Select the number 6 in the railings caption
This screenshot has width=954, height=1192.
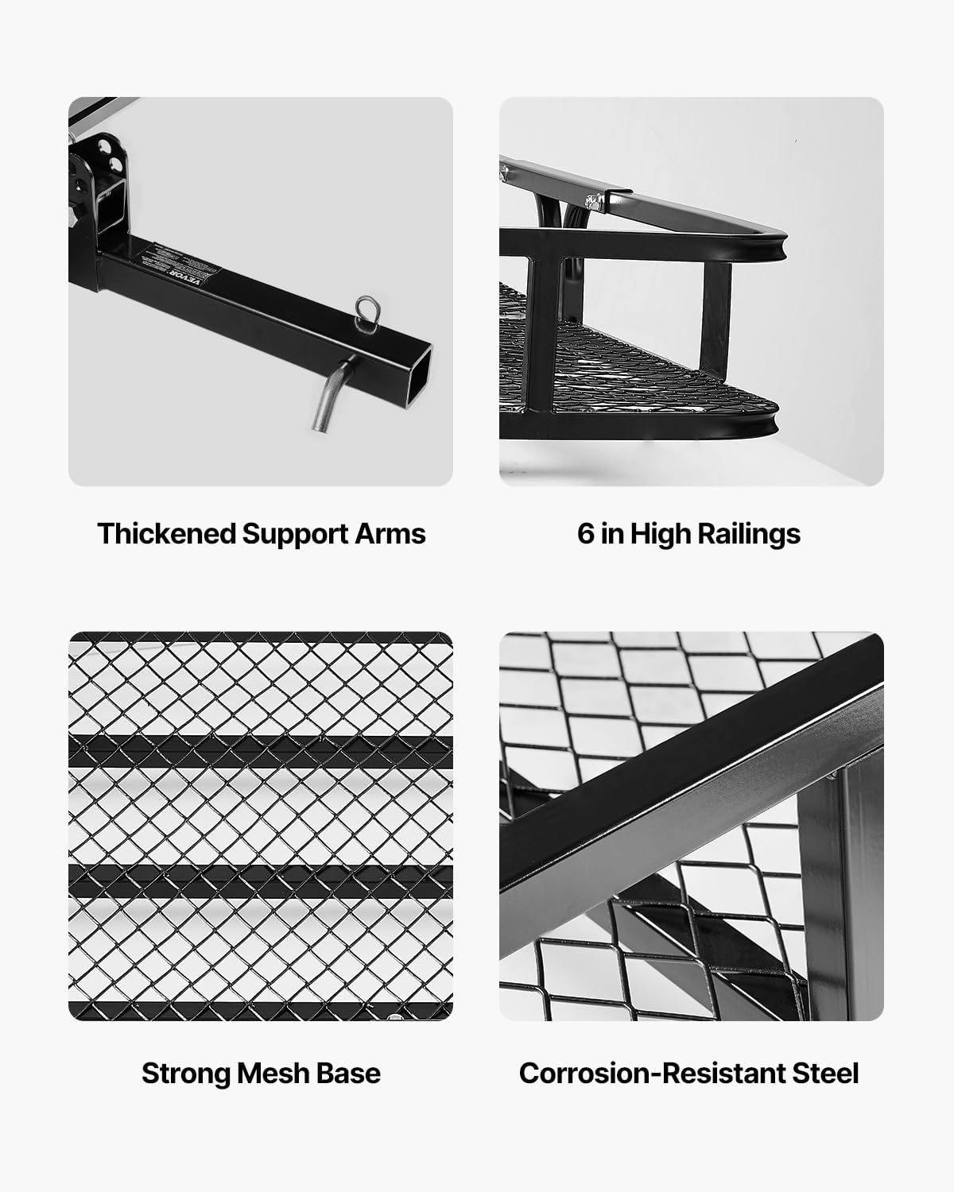pyautogui.click(x=585, y=533)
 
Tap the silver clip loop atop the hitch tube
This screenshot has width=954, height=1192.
pyautogui.click(x=367, y=310)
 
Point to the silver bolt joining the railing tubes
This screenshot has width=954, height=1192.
pyautogui.click(x=591, y=199)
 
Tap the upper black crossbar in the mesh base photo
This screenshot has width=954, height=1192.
pyautogui.click(x=261, y=751)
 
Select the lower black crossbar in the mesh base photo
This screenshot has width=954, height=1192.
pyautogui.click(x=261, y=880)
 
